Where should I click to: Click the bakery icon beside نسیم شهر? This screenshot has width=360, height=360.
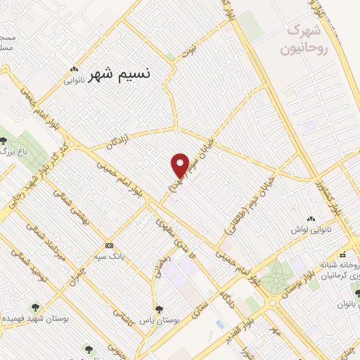(x=74, y=69)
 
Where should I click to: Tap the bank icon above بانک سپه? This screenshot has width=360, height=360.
(x=108, y=245)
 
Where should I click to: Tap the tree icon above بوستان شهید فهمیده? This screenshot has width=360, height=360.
(x=35, y=306)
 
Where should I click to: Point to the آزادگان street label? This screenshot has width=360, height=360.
(x=118, y=141)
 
